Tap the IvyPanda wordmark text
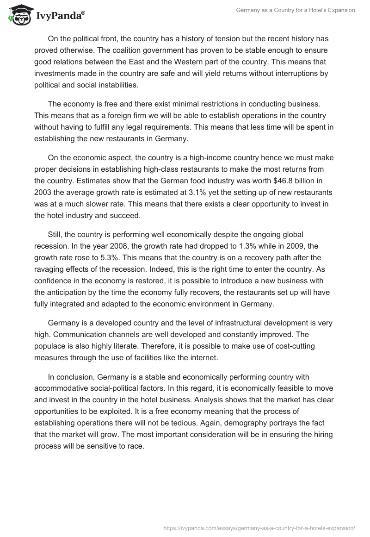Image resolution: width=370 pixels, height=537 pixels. click(x=59, y=17)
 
